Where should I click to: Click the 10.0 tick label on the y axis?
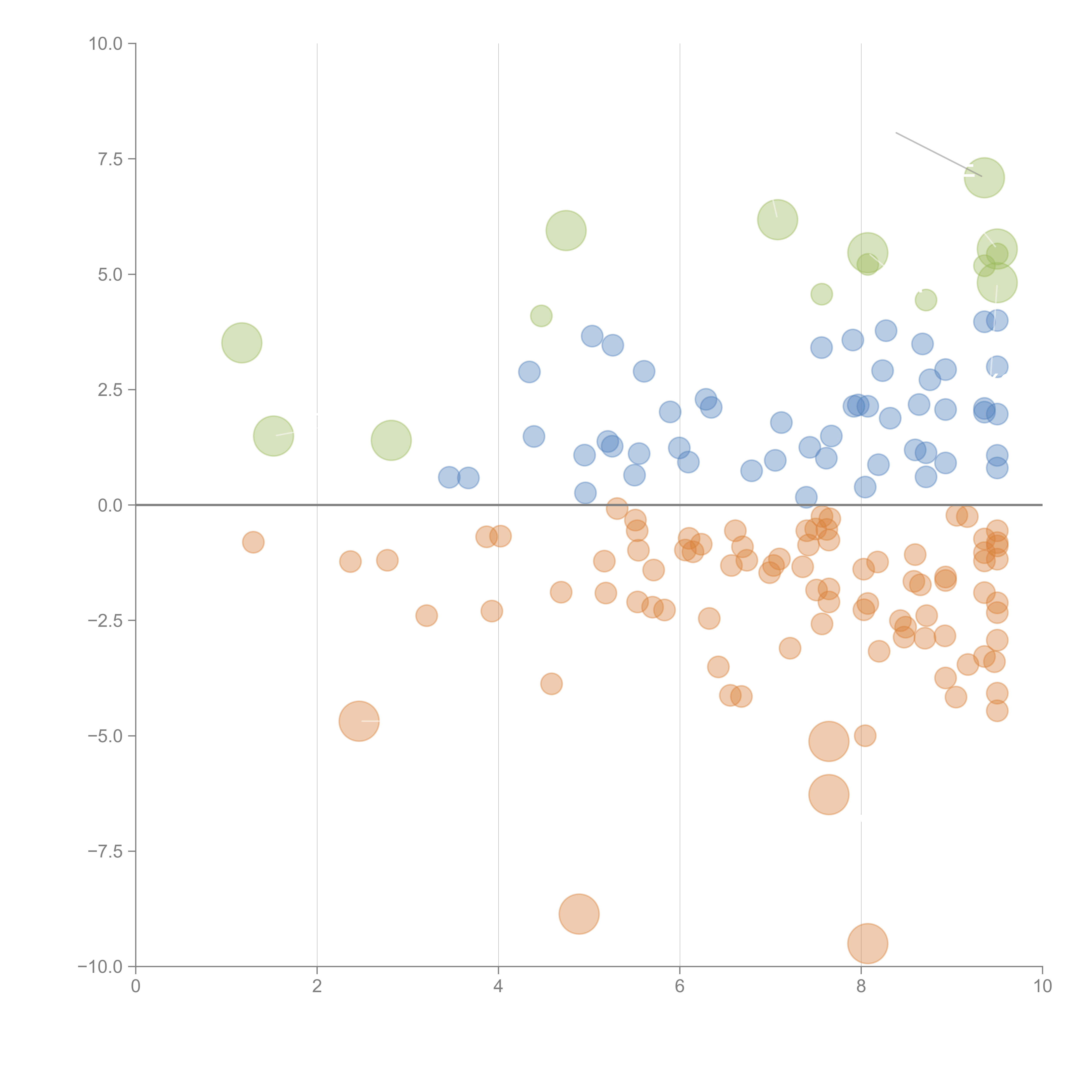pos(106,44)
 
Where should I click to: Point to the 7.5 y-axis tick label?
pos(110,159)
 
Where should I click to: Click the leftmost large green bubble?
pos(242,343)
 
